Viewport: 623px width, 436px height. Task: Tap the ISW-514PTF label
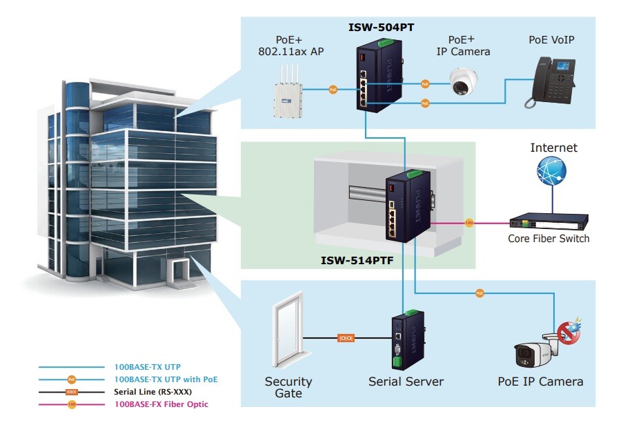pyautogui.click(x=356, y=261)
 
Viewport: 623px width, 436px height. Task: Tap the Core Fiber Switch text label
pyautogui.click(x=548, y=239)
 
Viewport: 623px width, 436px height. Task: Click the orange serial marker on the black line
pyautogui.click(x=345, y=338)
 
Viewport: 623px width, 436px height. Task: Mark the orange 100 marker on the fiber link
pyautogui.click(x=469, y=223)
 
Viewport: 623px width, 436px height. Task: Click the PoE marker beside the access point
pyautogui.click(x=333, y=89)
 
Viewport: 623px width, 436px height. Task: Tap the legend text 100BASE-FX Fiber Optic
pyautogui.click(x=161, y=404)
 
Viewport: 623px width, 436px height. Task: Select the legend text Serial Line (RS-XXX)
pyautogui.click(x=152, y=392)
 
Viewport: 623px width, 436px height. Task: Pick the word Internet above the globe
pyautogui.click(x=553, y=148)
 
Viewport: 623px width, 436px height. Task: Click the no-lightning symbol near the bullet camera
pyautogui.click(x=568, y=334)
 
